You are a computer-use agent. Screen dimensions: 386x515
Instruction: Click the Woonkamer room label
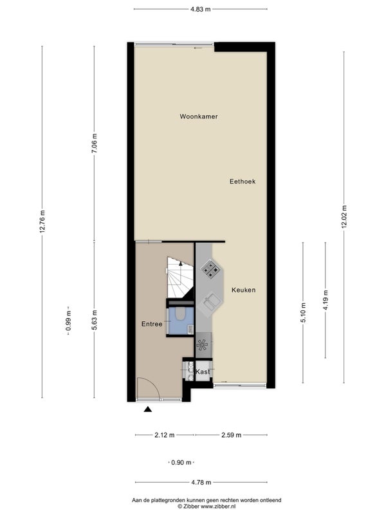click(x=199, y=117)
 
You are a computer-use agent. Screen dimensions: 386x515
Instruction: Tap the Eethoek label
click(x=243, y=182)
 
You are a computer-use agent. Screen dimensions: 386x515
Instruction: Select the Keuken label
click(x=243, y=290)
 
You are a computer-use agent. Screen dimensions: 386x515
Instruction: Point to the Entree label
click(x=152, y=324)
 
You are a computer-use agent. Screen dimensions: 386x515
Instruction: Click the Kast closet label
click(x=203, y=372)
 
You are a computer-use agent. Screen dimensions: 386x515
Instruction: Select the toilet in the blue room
click(x=180, y=314)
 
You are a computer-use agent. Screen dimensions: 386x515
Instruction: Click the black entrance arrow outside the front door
click(x=148, y=409)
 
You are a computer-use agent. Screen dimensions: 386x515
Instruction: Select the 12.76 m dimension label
click(x=42, y=221)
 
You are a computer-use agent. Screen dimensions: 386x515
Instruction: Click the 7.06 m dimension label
click(x=95, y=143)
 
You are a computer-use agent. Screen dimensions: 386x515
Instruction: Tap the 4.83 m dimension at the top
click(x=201, y=9)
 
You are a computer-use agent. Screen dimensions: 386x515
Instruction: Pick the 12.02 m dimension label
click(x=344, y=217)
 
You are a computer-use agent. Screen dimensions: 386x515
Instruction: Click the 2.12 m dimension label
click(x=165, y=435)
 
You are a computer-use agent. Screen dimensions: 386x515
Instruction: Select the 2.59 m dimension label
click(x=232, y=435)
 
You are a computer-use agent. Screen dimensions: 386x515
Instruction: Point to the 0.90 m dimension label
click(x=181, y=463)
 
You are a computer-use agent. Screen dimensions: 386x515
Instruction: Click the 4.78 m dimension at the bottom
click(x=201, y=482)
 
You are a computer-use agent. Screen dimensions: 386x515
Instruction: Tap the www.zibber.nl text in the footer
click(x=218, y=507)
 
